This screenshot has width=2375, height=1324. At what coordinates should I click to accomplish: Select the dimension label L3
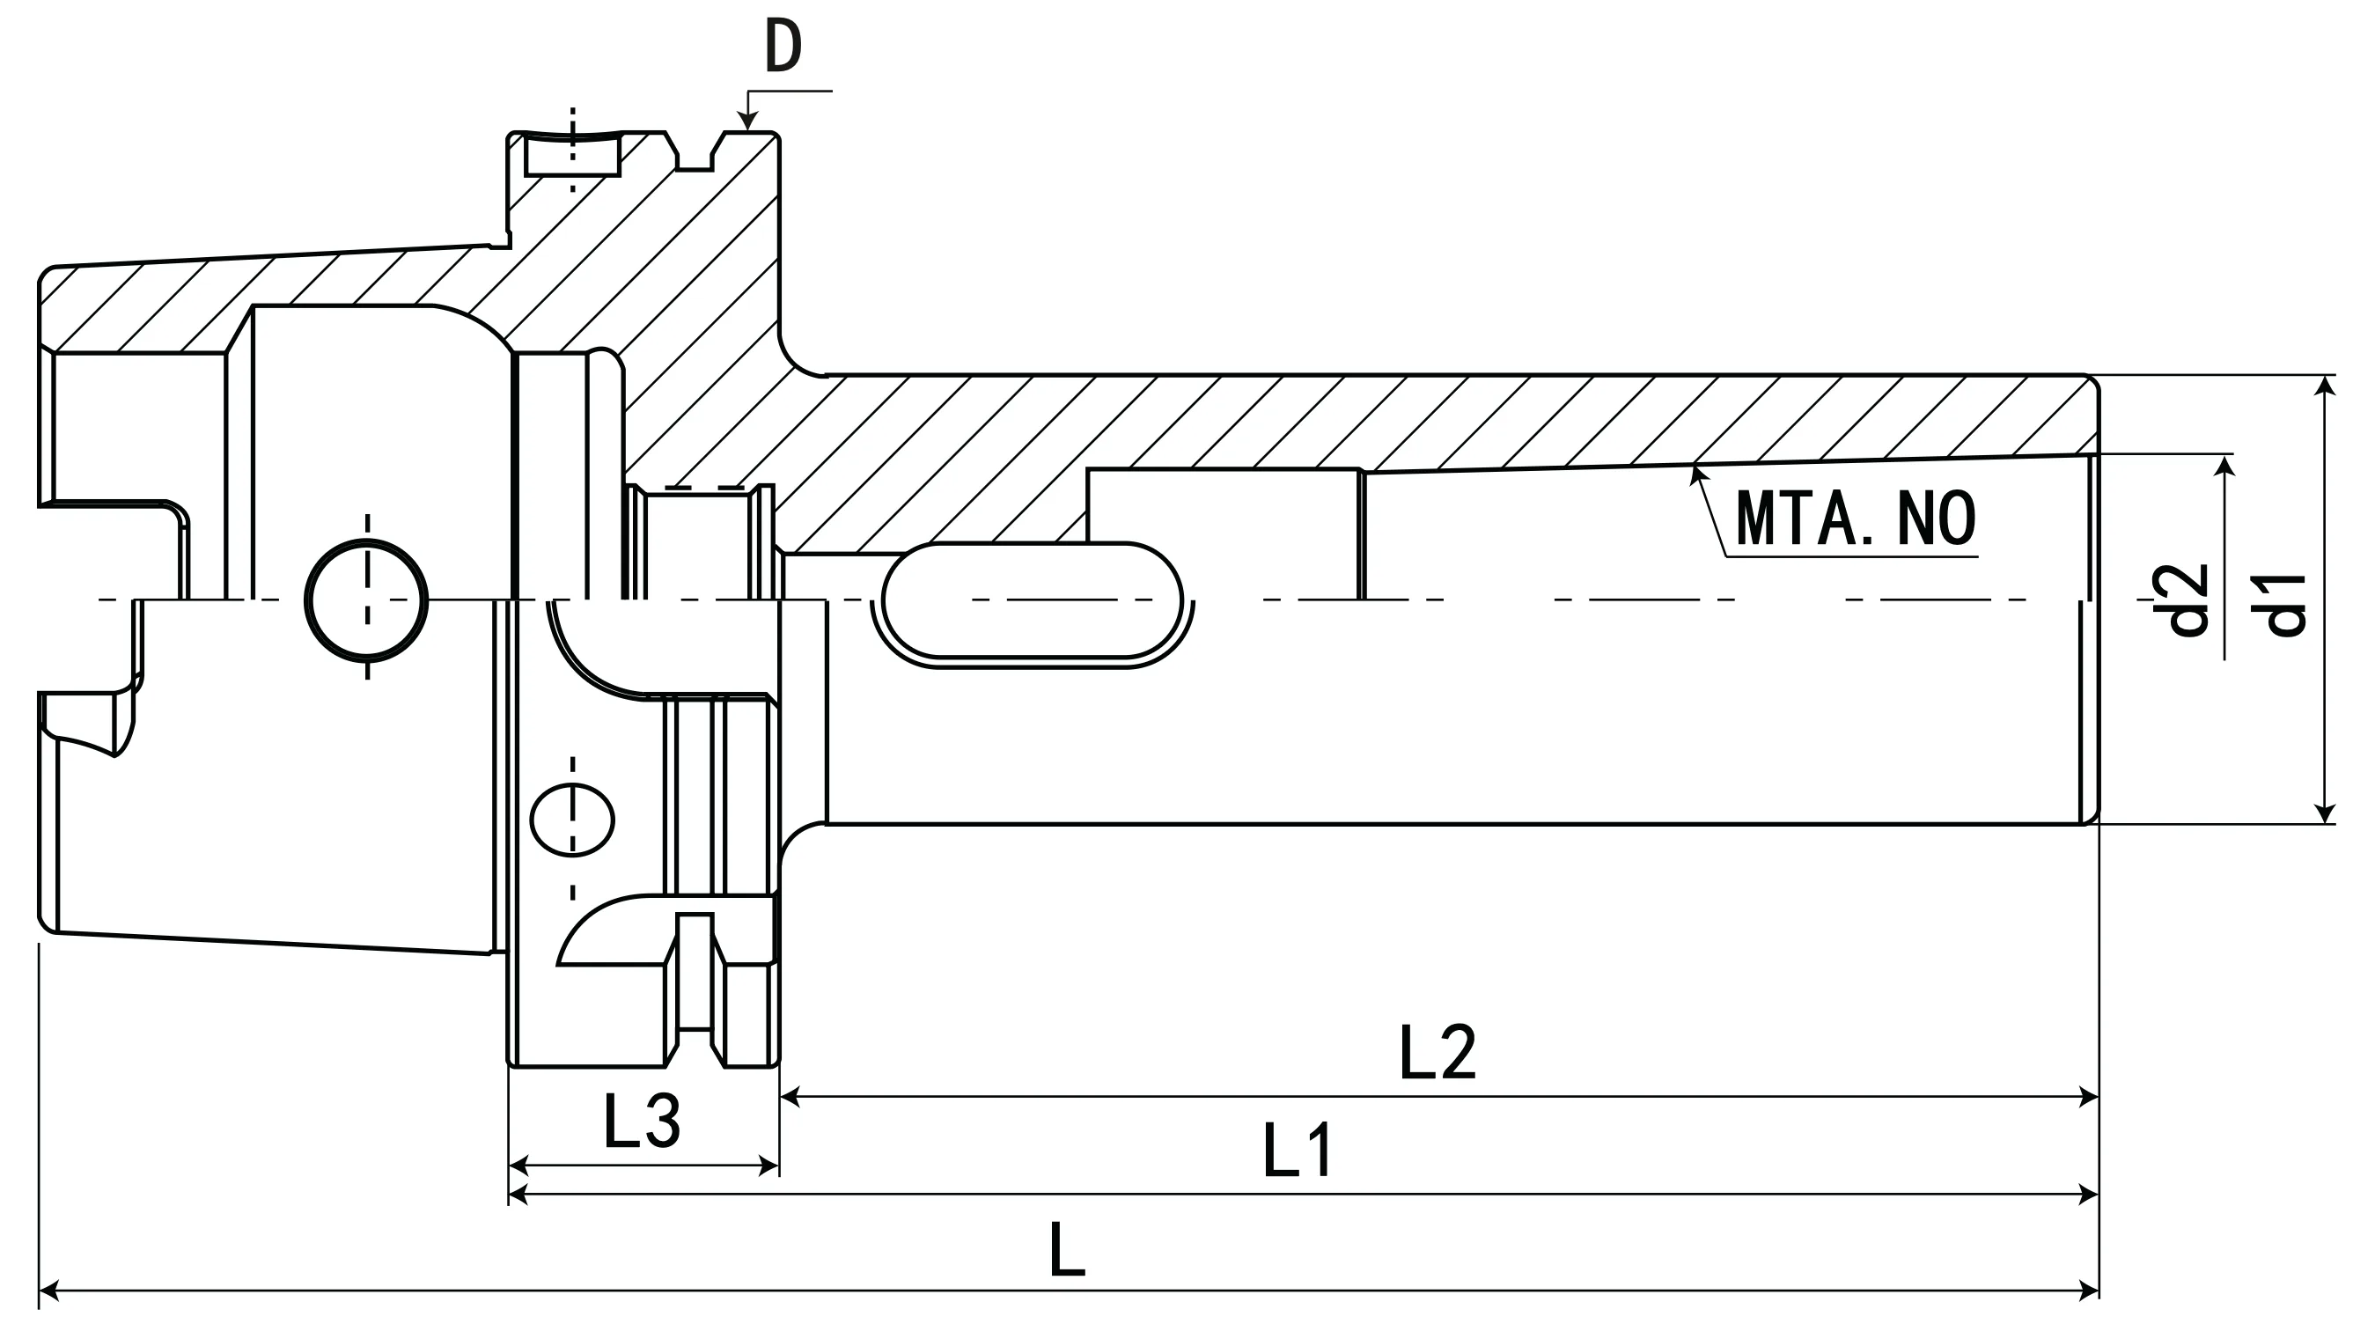[642, 1122]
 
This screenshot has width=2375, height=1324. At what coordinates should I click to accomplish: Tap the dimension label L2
[1437, 1052]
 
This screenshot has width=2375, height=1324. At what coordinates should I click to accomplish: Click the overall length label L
[1067, 1249]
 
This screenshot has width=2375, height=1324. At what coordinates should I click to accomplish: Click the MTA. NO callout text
[1855, 519]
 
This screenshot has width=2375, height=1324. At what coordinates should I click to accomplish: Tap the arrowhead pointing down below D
[747, 122]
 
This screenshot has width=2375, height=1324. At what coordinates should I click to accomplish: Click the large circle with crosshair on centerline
[366, 601]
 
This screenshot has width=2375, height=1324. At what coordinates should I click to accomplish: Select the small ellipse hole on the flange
[572, 820]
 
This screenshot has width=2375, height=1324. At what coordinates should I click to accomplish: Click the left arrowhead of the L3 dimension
[518, 1166]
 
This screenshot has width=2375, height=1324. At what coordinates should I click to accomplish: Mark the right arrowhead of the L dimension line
[2089, 1291]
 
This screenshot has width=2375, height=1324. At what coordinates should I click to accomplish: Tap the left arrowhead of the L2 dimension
[790, 1096]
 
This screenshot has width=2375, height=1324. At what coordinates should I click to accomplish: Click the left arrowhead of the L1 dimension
[518, 1195]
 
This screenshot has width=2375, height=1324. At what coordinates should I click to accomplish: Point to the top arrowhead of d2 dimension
[2226, 464]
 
